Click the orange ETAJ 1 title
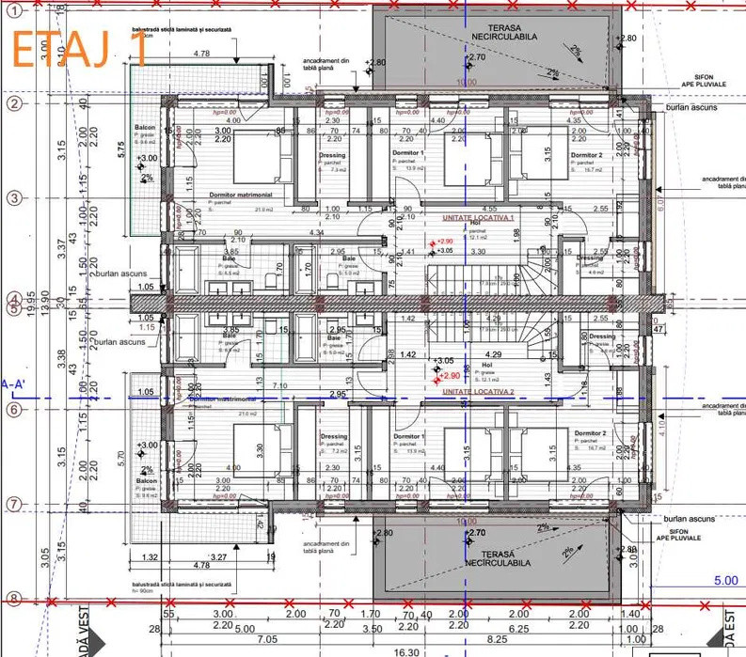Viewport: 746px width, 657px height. click(80, 46)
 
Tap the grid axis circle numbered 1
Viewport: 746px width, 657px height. click(13, 8)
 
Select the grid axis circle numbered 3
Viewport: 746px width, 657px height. click(13, 198)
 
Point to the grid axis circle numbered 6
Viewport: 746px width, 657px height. click(13, 410)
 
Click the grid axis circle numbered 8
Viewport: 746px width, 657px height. click(13, 598)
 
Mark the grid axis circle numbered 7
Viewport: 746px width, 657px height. click(13, 505)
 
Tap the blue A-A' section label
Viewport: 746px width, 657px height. click(13, 383)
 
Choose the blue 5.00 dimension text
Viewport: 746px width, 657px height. click(725, 580)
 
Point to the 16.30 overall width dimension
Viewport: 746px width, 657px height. click(406, 651)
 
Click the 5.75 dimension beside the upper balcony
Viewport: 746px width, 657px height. click(121, 149)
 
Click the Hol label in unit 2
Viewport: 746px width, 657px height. click(486, 365)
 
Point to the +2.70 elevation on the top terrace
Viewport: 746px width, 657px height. click(477, 57)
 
